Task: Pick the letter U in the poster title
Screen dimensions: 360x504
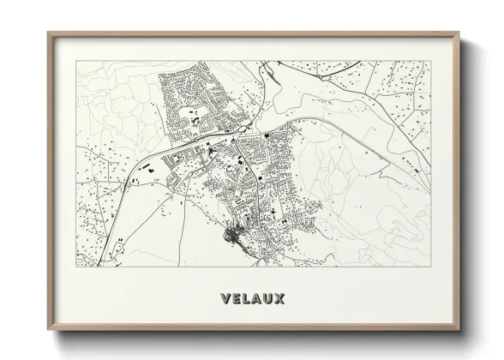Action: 270,299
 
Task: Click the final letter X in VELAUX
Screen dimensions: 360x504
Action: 281,299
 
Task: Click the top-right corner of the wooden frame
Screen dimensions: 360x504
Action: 459,33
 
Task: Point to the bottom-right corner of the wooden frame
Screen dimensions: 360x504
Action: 459,330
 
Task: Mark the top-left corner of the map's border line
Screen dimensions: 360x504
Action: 76,61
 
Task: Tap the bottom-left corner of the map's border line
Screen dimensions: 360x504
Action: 76,267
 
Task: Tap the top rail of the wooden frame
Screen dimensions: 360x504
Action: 254,34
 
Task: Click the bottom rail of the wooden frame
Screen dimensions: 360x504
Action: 254,329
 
